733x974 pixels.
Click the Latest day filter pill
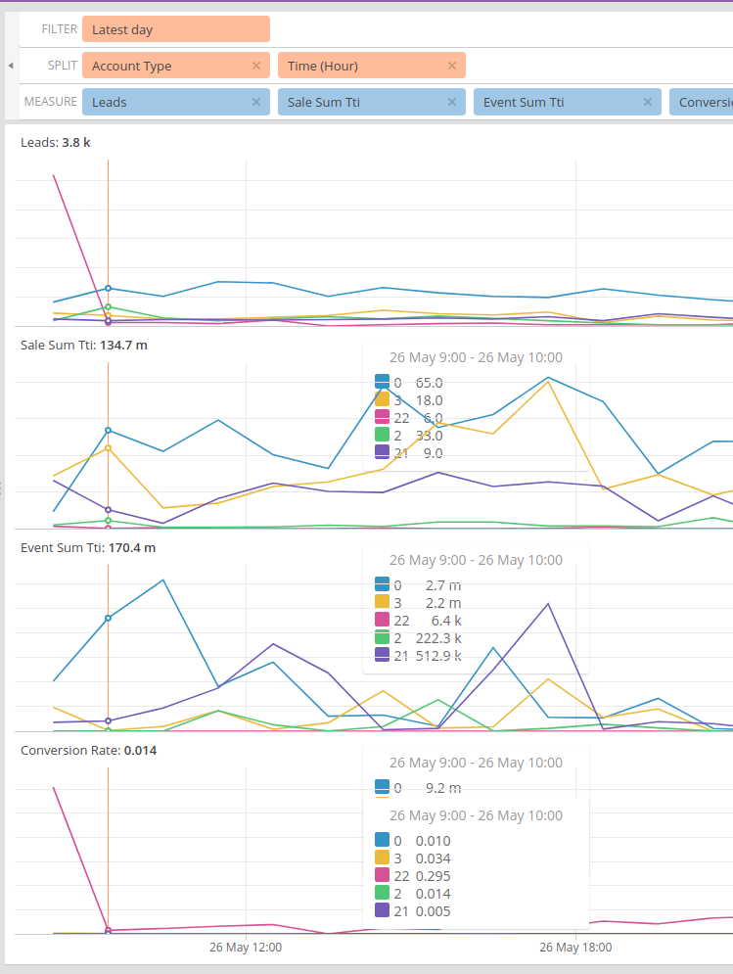[175, 29]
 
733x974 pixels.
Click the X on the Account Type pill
[256, 66]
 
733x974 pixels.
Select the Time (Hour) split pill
[362, 66]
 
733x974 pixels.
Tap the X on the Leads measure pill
[256, 102]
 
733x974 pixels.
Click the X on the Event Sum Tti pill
[648, 102]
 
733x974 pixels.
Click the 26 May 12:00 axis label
[246, 948]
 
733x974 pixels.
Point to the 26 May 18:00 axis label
[575, 948]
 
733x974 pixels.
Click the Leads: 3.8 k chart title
[56, 143]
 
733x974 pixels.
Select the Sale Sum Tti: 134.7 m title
[83, 346]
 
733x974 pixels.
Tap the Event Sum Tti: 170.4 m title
[88, 548]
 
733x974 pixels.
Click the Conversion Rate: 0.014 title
[88, 751]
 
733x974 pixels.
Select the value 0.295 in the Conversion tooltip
[433, 876]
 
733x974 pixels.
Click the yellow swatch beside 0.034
[382, 858]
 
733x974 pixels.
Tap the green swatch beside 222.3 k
[382, 638]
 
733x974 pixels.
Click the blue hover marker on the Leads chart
[108, 289]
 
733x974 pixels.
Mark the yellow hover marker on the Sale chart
[108, 448]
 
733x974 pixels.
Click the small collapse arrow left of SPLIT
[10, 66]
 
